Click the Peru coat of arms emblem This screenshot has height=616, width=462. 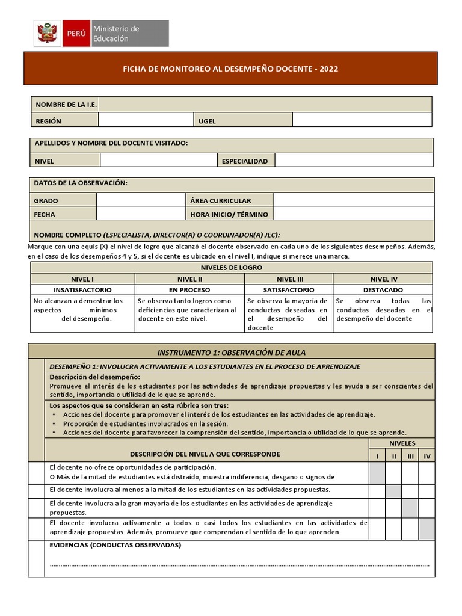pos(46,33)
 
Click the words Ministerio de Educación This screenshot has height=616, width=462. pos(115,34)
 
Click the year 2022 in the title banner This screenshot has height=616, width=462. pos(329,69)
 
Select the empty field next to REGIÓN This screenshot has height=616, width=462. pos(146,120)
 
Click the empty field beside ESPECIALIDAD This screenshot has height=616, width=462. pos(354,161)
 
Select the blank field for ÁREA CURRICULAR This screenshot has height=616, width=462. pos(354,200)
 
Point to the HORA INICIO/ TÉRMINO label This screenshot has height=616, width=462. pos(229,214)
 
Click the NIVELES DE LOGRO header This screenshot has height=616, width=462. pos(231,268)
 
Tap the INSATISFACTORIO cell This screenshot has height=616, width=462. pos(82,290)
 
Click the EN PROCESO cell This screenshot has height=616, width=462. pos(189,290)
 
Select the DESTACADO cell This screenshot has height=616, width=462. pos(383,290)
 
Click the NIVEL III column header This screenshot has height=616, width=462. pos(289,279)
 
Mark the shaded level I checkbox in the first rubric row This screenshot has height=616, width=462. pos(377,473)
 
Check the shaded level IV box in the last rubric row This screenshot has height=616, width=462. pos(427,529)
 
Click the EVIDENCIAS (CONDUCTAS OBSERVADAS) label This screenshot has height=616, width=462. pos(115,546)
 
